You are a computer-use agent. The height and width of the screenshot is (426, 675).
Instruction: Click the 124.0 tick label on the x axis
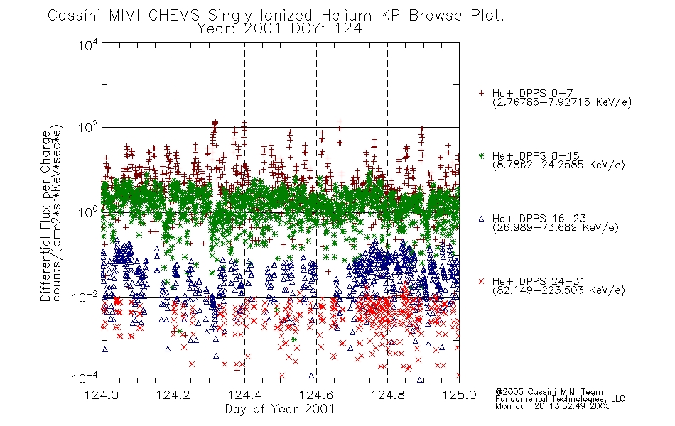click(x=102, y=395)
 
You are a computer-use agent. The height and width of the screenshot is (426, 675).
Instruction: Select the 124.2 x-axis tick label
click(x=173, y=395)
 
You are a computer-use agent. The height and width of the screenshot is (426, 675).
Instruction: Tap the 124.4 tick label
click(x=245, y=395)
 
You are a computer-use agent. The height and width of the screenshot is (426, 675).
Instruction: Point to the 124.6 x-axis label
click(x=316, y=395)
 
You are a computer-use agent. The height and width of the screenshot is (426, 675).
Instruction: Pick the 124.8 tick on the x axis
click(x=387, y=395)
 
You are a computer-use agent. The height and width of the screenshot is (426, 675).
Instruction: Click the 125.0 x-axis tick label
click(x=459, y=395)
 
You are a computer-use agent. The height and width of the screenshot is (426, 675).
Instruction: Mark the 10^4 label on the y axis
click(x=88, y=45)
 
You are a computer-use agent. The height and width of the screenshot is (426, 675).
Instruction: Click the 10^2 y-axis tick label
click(x=88, y=128)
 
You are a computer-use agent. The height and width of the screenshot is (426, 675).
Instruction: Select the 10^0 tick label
click(x=88, y=212)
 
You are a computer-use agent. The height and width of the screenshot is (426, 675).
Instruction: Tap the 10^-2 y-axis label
click(x=85, y=297)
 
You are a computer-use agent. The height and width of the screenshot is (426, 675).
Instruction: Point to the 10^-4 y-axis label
click(x=85, y=378)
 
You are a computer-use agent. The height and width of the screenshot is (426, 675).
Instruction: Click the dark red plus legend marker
click(x=481, y=93)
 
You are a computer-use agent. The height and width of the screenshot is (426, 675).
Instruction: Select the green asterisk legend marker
click(x=481, y=155)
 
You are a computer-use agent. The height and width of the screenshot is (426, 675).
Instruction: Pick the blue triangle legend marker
click(x=481, y=219)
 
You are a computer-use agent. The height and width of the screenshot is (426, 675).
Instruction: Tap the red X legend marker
click(x=481, y=281)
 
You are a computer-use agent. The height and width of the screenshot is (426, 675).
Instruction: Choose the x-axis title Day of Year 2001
click(x=279, y=409)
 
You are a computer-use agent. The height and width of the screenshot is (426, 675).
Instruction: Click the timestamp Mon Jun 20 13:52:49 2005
click(x=553, y=406)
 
